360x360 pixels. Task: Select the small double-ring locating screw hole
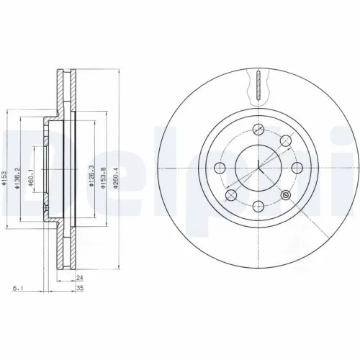pyautogui.click(x=286, y=195)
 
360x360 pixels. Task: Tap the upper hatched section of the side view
pyautogui.click(x=66, y=94)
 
